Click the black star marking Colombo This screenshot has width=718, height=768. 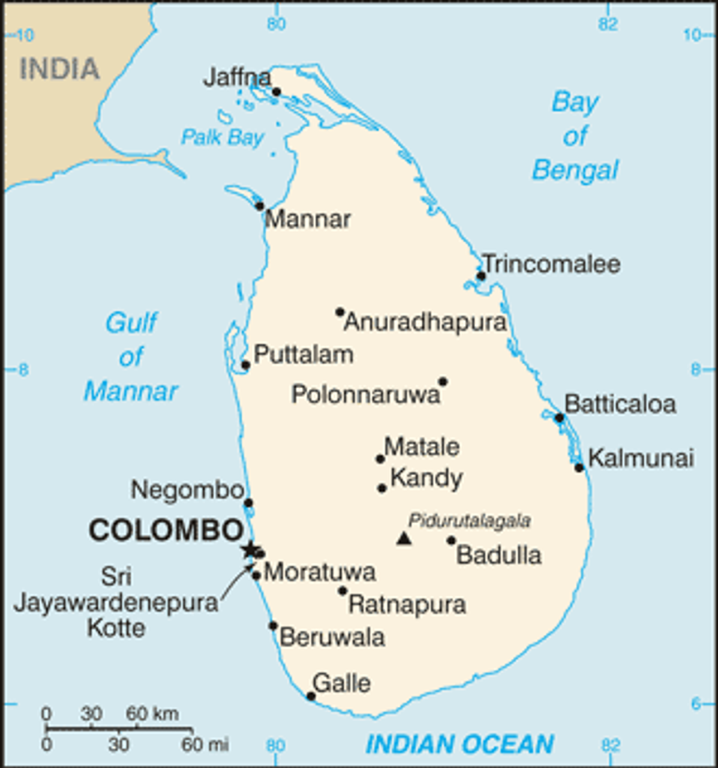[249, 549]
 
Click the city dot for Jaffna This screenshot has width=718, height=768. [277, 92]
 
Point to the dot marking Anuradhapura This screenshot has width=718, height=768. [340, 312]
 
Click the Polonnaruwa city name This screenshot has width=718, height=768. [366, 394]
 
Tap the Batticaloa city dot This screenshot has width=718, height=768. [559, 418]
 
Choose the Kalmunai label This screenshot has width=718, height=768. [641, 458]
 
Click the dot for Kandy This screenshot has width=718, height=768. [382, 488]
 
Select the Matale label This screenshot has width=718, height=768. [422, 447]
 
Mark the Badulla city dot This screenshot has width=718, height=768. [451, 541]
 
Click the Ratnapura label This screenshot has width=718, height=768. [407, 604]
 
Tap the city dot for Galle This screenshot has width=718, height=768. [311, 696]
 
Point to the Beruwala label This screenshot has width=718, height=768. [332, 637]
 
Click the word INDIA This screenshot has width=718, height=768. [59, 69]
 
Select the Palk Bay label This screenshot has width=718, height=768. [222, 137]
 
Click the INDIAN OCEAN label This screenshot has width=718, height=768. [459, 745]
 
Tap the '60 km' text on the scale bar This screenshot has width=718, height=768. [152, 714]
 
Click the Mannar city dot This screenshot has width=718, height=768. [260, 206]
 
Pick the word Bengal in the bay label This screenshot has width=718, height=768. [575, 170]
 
